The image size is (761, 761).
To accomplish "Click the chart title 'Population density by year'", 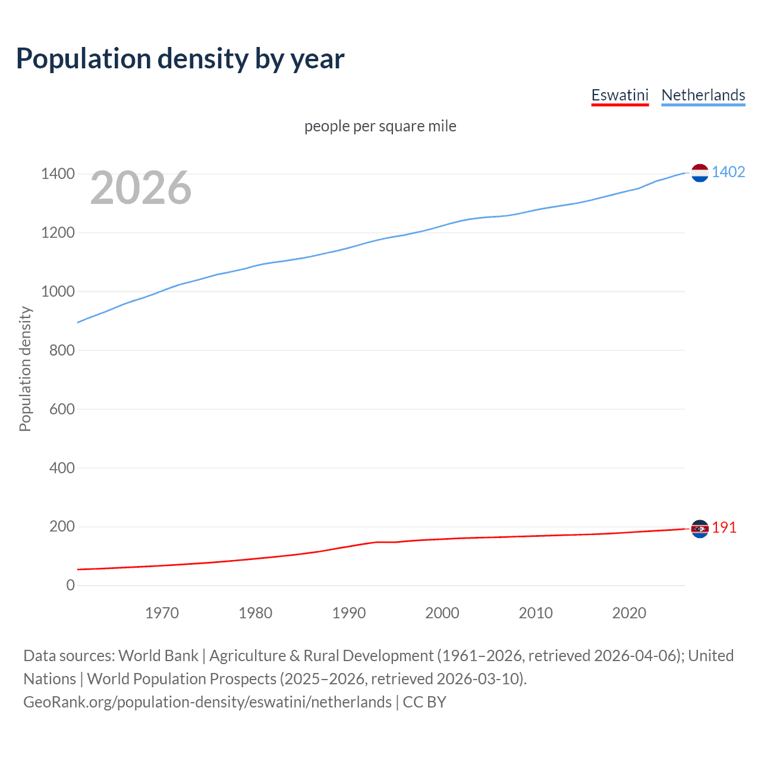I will pos(180,59).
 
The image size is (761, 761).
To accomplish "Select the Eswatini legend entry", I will pos(620,95).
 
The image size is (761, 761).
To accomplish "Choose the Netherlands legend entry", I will pos(703,95).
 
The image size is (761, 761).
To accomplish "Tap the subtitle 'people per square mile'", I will pos(380,126).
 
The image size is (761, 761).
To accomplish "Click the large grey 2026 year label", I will pos(141,188).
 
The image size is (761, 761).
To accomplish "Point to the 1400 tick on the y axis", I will pos(58,174).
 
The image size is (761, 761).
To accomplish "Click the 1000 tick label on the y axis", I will pos(58,291).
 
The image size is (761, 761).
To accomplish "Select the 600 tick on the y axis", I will pos(62,409).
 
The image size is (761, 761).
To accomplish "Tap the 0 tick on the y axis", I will pos(71,586).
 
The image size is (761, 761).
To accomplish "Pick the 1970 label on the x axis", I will pos(162,613).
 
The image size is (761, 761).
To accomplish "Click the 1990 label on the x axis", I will pos(349,613).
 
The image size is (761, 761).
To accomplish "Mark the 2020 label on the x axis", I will pos(629,613).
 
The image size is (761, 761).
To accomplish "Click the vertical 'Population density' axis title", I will pos(25,369).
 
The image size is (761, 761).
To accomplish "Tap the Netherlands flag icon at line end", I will pos(700,172).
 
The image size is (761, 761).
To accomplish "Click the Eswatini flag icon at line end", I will pos(700,529).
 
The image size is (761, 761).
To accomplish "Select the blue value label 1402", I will pos(728,172).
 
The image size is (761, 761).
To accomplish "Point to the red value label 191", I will pos(724,527).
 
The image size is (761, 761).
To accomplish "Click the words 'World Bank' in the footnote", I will pos(158,656).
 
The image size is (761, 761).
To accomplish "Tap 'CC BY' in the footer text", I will pos(424,702).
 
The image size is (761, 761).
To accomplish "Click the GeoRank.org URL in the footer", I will pos(207,702).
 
